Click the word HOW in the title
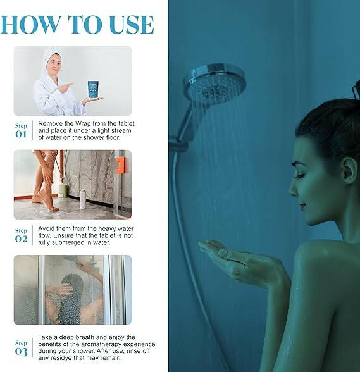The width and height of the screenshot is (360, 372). point(30,25)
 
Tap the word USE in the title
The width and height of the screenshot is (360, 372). point(132,25)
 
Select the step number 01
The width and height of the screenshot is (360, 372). point(21,134)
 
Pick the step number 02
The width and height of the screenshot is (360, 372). point(21,239)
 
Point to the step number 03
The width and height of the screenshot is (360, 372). point(21,352)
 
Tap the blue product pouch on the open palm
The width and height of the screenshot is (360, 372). point(93,89)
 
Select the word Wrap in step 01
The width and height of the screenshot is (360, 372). point(83,123)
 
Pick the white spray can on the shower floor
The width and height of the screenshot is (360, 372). point(83,199)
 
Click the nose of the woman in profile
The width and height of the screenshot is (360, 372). point(292,190)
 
